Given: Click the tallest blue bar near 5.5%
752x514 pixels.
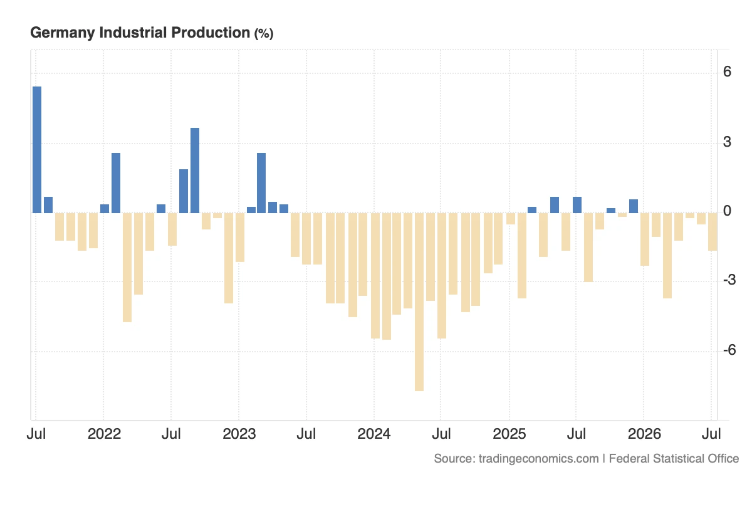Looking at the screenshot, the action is click(37, 150).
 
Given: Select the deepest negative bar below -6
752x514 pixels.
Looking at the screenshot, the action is click(419, 302).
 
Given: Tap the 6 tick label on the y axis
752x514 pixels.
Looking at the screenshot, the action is click(727, 71).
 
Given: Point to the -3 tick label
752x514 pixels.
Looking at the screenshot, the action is click(729, 280).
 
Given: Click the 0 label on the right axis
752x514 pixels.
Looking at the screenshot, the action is click(727, 211).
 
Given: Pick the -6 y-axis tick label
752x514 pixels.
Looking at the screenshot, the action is click(729, 350).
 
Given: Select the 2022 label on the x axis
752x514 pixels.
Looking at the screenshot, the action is click(104, 434).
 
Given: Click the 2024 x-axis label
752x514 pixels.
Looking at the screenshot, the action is click(374, 434).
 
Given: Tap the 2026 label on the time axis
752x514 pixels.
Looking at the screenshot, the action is click(644, 434).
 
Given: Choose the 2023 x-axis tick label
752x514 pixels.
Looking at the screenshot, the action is click(239, 434).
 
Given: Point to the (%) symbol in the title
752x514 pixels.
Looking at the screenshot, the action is click(264, 34).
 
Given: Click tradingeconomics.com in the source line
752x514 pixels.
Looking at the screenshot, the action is click(538, 459).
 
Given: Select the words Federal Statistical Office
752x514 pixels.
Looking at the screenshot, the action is click(674, 459).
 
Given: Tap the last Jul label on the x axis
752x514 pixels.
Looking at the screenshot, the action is click(711, 434).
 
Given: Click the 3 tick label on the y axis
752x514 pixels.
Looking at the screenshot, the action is click(727, 142).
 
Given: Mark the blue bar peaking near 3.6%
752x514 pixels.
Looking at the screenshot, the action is click(195, 170).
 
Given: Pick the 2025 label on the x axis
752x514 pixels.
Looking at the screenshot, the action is click(509, 434).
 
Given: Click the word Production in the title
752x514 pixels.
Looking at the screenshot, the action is click(211, 33).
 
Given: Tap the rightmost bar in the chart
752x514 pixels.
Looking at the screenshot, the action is click(713, 232).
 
